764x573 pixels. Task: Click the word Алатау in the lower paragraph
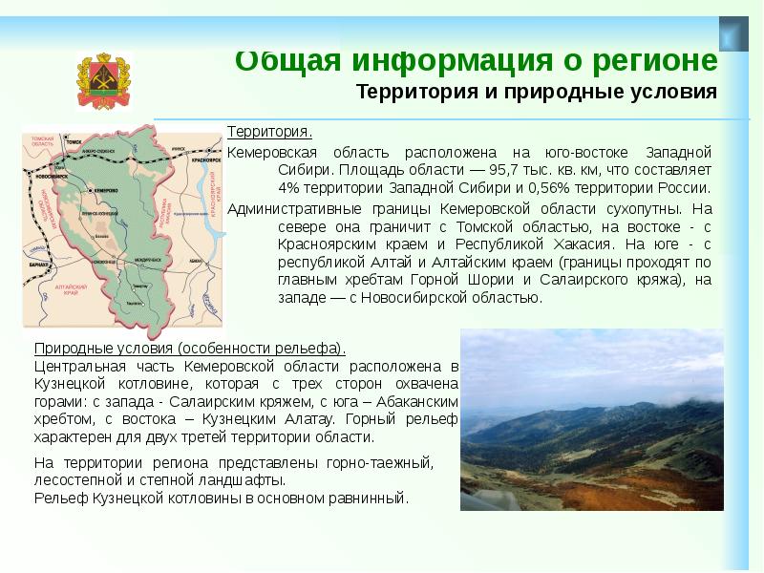(330, 418)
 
